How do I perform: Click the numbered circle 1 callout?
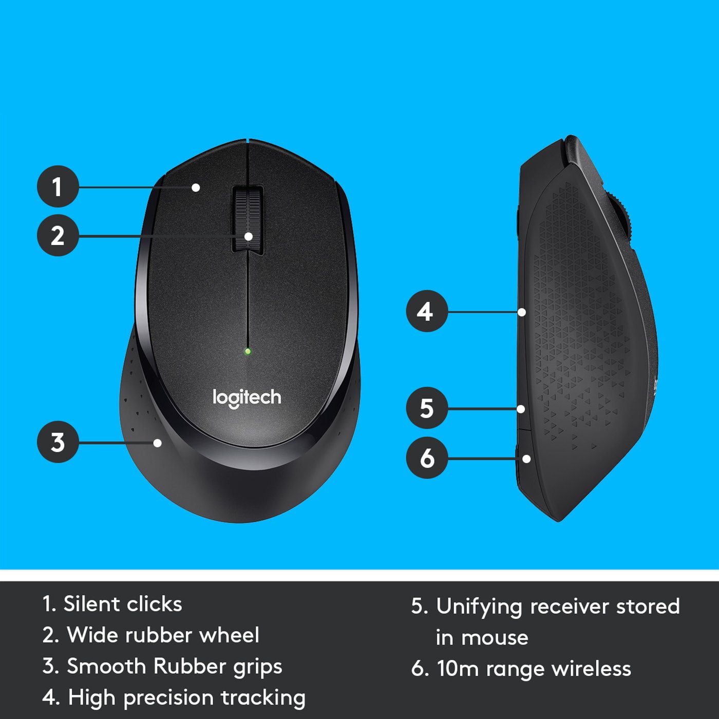pyautogui.click(x=58, y=186)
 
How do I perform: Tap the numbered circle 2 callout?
pyautogui.click(x=58, y=236)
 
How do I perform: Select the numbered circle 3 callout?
pyautogui.click(x=58, y=442)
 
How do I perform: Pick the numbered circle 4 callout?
pyautogui.click(x=426, y=311)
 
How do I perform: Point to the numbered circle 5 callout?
pyautogui.click(x=426, y=408)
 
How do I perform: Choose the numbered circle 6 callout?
pyautogui.click(x=426, y=458)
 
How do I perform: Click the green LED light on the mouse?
pyautogui.click(x=248, y=352)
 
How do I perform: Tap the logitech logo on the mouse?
pyautogui.click(x=247, y=398)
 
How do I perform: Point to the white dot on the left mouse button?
pyautogui.click(x=196, y=187)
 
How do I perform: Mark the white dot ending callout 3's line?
pyautogui.click(x=158, y=443)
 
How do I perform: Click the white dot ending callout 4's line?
pyautogui.click(x=522, y=312)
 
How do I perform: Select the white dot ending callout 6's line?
pyautogui.click(x=526, y=459)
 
